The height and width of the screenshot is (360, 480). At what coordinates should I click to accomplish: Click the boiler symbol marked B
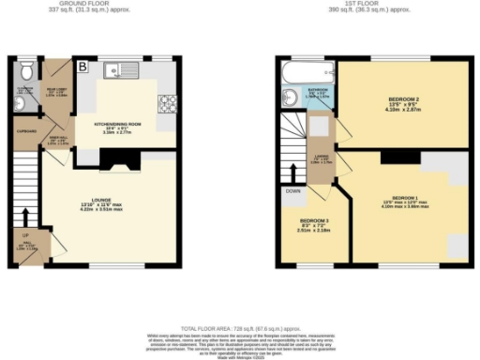82,67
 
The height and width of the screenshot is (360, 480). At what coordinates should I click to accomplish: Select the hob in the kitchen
169,102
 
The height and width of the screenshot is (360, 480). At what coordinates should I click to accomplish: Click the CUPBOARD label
25,132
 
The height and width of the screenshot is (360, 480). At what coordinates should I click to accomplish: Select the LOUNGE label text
90,202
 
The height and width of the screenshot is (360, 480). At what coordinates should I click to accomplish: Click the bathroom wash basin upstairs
286,100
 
